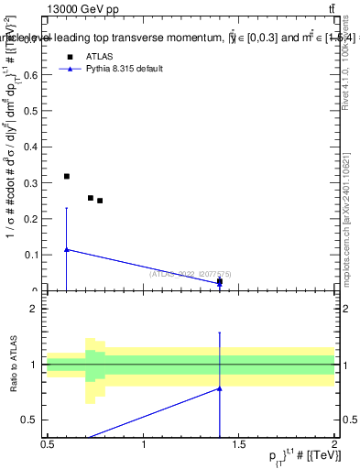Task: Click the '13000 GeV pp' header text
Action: click(x=83, y=9)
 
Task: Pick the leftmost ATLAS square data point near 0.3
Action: click(x=66, y=176)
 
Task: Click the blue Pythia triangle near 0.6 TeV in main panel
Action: click(x=66, y=249)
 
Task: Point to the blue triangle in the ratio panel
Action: click(x=219, y=388)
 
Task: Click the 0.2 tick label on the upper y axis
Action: click(x=34, y=219)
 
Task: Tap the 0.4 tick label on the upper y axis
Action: click(x=34, y=147)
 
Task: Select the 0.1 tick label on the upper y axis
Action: click(x=34, y=255)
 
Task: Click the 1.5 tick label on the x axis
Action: click(x=240, y=444)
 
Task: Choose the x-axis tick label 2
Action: click(x=335, y=444)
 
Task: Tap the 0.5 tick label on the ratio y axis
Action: click(x=34, y=420)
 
